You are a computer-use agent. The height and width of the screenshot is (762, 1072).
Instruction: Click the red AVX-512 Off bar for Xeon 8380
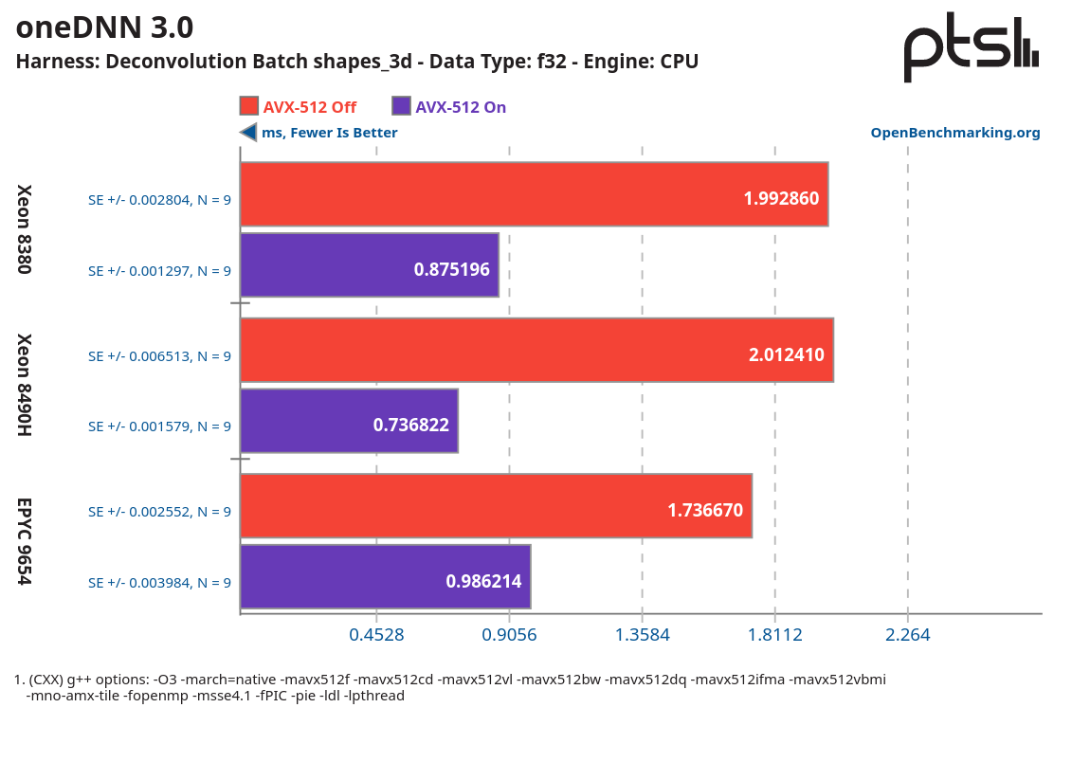534,194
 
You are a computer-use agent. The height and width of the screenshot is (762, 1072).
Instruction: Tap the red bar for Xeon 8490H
536,350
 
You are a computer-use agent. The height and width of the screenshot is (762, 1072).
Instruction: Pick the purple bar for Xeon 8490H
349,421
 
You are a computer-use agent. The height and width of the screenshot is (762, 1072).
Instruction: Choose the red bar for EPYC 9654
496,506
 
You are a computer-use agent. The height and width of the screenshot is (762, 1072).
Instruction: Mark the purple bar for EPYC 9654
385,576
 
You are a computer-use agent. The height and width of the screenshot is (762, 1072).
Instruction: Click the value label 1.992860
781,199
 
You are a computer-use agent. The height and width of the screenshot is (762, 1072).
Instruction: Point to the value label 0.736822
410,426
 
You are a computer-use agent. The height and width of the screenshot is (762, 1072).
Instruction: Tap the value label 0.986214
483,581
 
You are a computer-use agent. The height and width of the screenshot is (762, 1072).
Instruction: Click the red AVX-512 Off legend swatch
249,106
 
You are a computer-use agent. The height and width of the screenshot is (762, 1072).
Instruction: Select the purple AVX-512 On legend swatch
401,106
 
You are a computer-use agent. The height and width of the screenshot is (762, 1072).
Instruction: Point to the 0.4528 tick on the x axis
376,634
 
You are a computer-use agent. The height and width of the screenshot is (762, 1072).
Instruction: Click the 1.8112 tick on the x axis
775,634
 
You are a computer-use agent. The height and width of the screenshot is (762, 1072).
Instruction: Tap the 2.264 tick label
908,634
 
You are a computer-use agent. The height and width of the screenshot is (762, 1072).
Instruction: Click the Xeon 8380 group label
26,229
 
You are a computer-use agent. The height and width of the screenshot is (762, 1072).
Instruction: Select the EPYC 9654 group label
26,541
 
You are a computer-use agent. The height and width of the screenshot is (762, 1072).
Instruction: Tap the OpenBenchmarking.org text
955,133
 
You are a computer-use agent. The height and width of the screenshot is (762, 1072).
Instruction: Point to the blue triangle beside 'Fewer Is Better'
248,133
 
